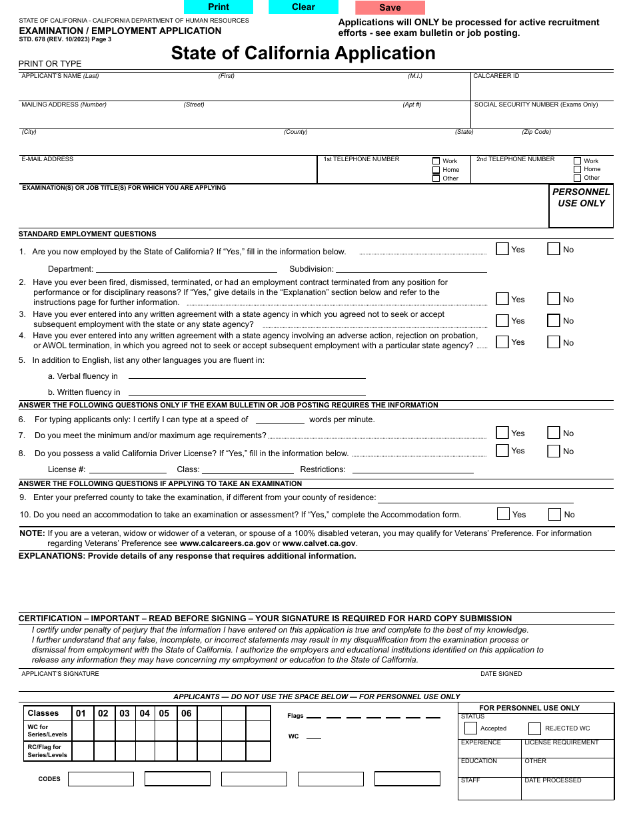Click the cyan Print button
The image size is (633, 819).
(x=219, y=7)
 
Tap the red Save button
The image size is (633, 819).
(x=390, y=8)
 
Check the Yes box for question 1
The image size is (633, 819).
(x=502, y=249)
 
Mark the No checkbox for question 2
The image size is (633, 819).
(x=554, y=299)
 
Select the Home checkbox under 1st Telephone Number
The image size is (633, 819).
(x=436, y=170)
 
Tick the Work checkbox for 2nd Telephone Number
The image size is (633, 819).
(x=578, y=160)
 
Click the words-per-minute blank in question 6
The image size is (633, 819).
(x=280, y=419)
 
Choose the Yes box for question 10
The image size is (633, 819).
(x=504, y=514)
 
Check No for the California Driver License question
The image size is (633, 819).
(x=554, y=451)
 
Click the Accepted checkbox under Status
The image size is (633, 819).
(x=470, y=728)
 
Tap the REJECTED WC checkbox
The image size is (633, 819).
(x=534, y=728)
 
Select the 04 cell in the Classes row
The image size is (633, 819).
(x=145, y=713)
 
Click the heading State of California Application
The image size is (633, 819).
(x=303, y=53)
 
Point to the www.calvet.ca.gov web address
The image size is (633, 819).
(x=319, y=543)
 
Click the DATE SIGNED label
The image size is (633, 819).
(x=501, y=674)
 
